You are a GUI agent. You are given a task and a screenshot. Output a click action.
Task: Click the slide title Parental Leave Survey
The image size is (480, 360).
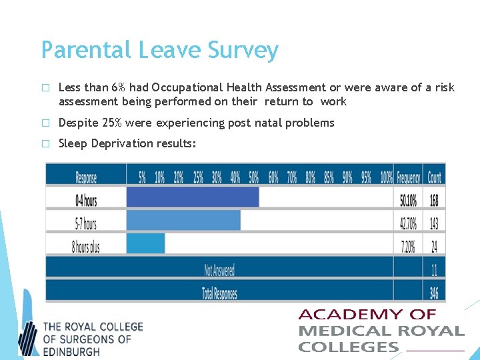click(159, 50)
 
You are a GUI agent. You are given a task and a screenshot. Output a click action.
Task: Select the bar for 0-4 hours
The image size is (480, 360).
click(192, 197)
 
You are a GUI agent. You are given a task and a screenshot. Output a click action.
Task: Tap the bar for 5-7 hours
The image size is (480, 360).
click(183, 221)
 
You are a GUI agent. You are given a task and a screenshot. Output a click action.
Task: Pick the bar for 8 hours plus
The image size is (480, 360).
click(145, 244)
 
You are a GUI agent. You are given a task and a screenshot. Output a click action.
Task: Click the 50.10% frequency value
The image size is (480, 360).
click(407, 199)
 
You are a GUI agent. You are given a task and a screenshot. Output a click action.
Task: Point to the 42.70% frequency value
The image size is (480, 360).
click(407, 223)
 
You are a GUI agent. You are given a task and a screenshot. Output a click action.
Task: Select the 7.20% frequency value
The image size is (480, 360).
click(407, 246)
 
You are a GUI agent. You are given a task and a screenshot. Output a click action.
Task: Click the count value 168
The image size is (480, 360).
click(434, 199)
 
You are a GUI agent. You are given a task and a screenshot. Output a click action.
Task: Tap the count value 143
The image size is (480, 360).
click(434, 223)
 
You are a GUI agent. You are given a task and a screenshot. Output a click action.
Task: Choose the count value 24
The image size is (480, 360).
click(434, 246)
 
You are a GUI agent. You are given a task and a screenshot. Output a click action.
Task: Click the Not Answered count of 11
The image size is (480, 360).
click(434, 270)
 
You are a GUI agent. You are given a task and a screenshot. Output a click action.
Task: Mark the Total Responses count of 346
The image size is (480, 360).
click(434, 292)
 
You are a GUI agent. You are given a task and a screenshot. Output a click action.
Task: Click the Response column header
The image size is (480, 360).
click(85, 177)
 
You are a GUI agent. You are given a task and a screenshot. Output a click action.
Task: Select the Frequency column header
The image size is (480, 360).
click(408, 177)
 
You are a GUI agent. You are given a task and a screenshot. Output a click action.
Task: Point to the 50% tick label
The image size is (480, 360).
click(253, 177)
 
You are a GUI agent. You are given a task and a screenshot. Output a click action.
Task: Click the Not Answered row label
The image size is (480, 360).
click(219, 270)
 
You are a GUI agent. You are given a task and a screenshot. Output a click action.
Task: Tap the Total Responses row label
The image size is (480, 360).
click(219, 293)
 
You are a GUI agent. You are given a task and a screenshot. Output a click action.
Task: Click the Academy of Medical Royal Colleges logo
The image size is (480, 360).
click(381, 330)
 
